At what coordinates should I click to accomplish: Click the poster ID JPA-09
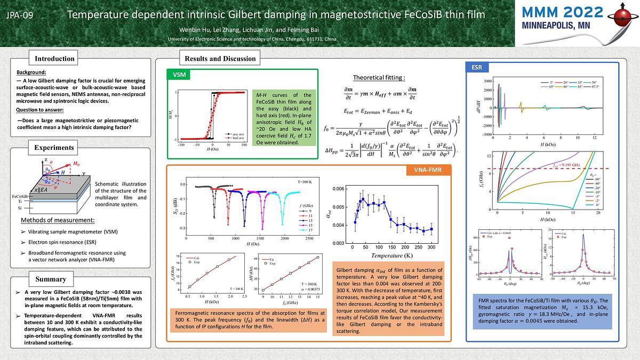[x=20, y=15]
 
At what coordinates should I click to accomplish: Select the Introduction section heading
[x=54, y=59]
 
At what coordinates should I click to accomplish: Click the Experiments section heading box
[x=54, y=148]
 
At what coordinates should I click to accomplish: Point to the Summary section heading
[x=51, y=279]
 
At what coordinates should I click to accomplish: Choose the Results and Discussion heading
[x=220, y=59]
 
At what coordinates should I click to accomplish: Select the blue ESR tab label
[x=477, y=67]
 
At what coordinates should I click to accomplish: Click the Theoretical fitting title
[x=379, y=78]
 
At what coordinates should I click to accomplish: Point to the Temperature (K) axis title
[x=394, y=256]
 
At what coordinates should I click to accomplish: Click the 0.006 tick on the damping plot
[x=338, y=189]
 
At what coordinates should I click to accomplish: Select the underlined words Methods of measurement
[x=58, y=220]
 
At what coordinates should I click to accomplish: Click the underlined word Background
[x=31, y=73]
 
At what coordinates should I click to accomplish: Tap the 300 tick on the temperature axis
[x=431, y=248]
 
